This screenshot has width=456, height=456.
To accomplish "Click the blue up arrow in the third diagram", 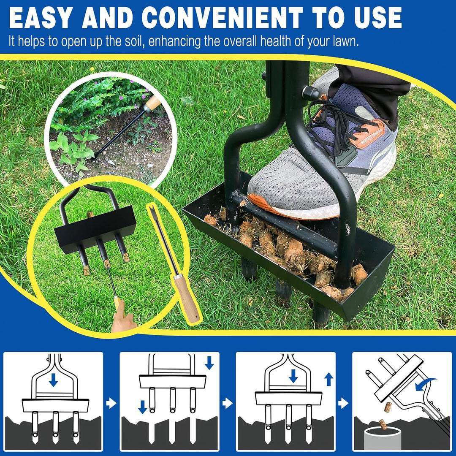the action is (328, 380).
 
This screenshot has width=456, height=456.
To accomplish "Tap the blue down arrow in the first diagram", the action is (53, 380).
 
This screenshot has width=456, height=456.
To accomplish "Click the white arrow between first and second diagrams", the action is (111, 403).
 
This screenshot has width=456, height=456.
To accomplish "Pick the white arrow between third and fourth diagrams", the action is (343, 403).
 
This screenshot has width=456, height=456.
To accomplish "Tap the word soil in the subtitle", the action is (134, 41).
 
